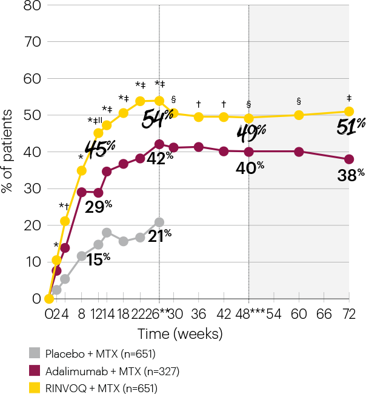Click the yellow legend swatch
point(35,387)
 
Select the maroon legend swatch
point(35,370)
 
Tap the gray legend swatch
point(35,353)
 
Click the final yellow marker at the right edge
point(349,112)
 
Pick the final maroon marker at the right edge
point(349,159)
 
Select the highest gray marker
point(159,222)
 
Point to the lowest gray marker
point(56,290)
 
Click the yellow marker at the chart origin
point(49,299)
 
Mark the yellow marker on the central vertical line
point(159,101)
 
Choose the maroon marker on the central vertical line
point(159,144)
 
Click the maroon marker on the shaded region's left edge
point(248,152)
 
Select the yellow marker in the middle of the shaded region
point(299,115)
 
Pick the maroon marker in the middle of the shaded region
point(299,152)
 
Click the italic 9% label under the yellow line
point(256,131)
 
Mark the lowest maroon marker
point(56,271)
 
